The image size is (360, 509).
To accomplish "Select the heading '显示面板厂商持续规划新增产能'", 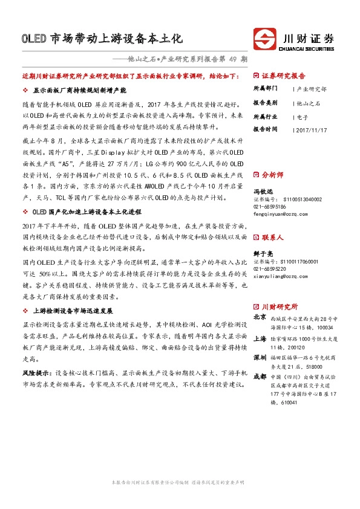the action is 79,89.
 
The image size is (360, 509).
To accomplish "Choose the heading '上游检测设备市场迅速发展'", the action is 73,310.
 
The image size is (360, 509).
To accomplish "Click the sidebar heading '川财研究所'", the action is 278,306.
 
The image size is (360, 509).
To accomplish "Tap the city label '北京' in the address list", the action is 260,316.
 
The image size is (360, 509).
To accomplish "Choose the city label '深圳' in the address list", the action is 260,358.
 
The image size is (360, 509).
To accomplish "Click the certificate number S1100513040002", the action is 296,199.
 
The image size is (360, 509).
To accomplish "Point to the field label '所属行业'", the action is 266,115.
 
